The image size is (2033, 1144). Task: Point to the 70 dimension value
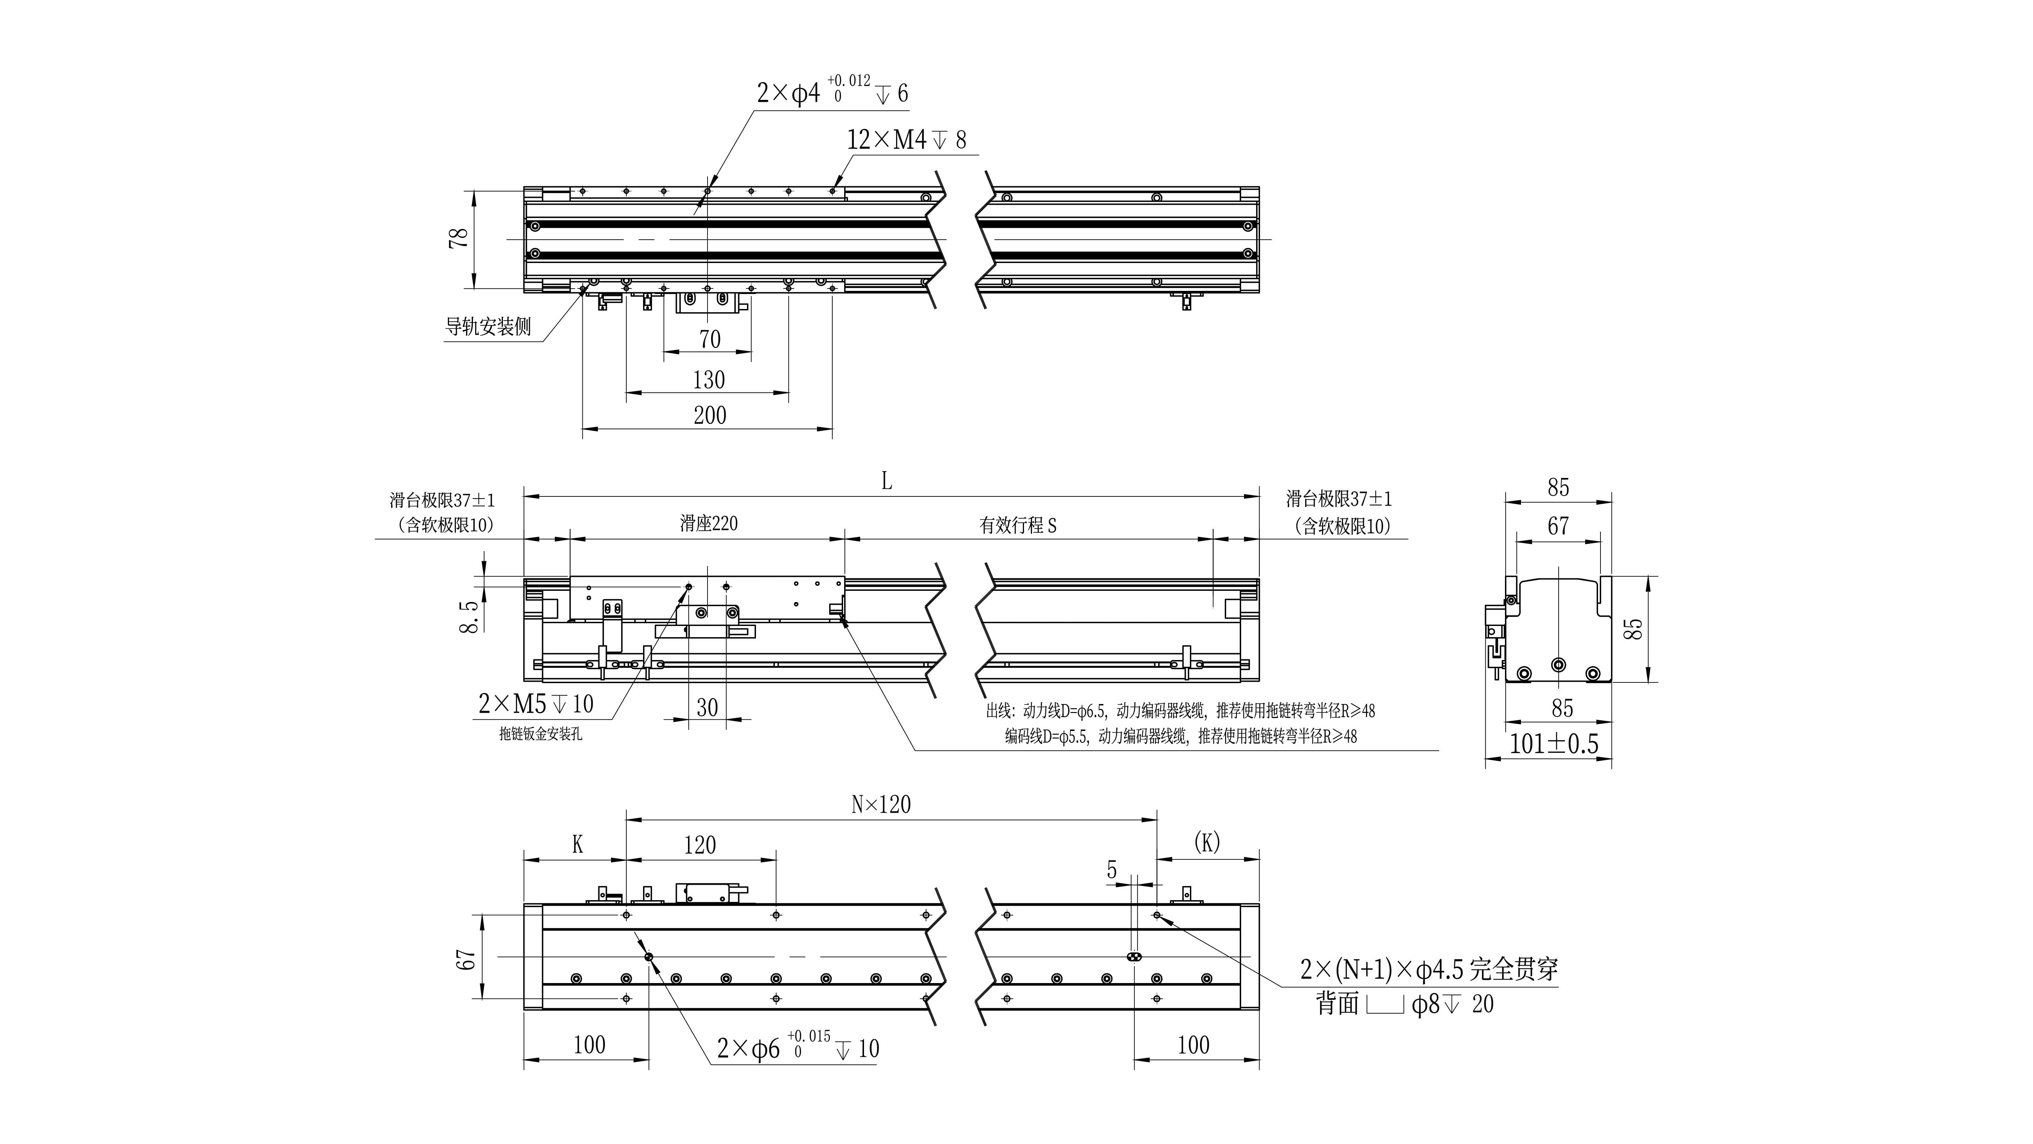click(710, 339)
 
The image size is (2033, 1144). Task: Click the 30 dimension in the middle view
click(707, 707)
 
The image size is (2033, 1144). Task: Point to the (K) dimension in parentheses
click(1207, 843)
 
